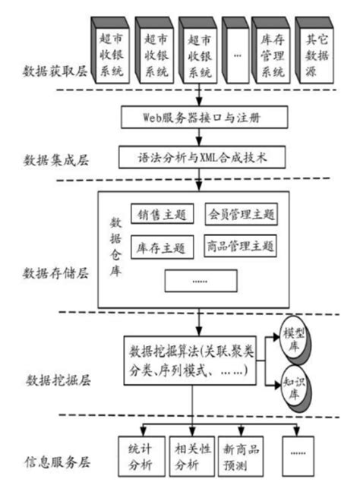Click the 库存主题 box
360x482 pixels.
click(x=162, y=247)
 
